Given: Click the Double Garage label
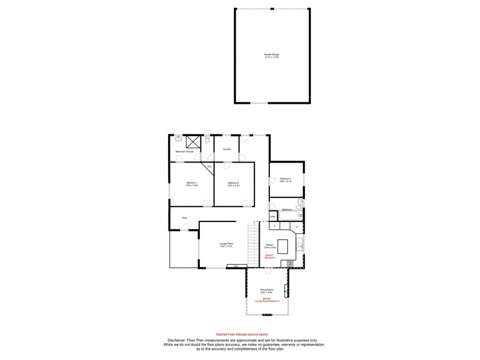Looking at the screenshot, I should [x=272, y=56].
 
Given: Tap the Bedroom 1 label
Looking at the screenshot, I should [x=192, y=184].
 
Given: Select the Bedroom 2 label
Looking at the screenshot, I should [x=234, y=184].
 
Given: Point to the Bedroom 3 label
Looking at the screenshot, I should [x=286, y=179].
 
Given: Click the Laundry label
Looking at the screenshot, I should [x=227, y=149].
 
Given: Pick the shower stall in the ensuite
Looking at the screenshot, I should [x=193, y=142].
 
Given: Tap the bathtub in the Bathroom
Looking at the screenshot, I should [x=287, y=214].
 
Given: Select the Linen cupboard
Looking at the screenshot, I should [x=272, y=216].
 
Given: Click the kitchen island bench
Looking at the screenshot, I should [x=283, y=247].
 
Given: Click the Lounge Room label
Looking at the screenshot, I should [x=226, y=245].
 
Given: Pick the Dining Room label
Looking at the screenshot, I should [x=267, y=290].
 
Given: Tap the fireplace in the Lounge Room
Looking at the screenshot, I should [x=236, y=266].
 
